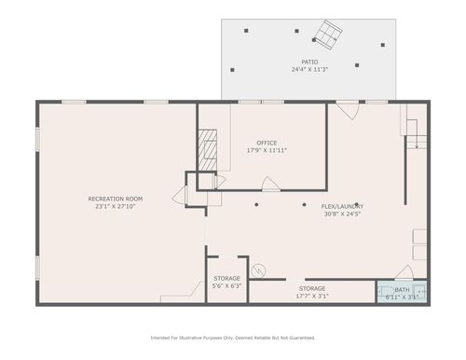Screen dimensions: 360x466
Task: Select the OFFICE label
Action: click(x=267, y=143)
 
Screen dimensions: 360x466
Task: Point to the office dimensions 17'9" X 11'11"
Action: click(x=267, y=150)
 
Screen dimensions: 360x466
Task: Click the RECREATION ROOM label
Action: click(x=115, y=199)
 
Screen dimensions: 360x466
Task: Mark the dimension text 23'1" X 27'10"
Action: click(x=115, y=206)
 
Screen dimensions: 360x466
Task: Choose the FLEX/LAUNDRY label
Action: click(x=343, y=206)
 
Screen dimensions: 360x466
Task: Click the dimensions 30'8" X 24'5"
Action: click(x=343, y=214)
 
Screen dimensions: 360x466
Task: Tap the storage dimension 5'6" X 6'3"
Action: click(x=226, y=286)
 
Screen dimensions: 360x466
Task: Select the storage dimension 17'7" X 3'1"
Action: click(x=313, y=297)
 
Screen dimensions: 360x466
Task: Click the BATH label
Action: click(x=402, y=290)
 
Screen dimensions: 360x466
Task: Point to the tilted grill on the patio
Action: click(x=327, y=35)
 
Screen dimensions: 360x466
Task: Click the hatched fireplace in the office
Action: click(x=209, y=147)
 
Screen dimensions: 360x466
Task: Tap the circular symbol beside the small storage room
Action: click(x=261, y=271)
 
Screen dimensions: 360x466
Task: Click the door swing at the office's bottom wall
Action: click(x=269, y=187)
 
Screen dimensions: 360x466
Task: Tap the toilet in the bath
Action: click(x=422, y=292)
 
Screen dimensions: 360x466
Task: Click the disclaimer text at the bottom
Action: click(x=233, y=338)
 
